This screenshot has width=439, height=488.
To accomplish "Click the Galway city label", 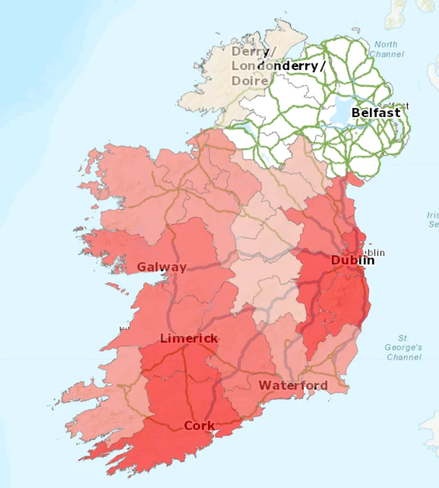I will coord(162,267).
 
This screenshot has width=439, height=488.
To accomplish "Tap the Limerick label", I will coord(189,338).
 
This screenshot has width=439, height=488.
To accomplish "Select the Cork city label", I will coord(199,426).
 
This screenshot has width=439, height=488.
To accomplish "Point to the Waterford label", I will coord(293,385).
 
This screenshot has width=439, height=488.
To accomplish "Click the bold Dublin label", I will coord(352,260).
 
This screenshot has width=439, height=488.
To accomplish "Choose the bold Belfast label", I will coord(376,113).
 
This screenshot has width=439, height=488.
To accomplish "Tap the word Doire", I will coord(250,81).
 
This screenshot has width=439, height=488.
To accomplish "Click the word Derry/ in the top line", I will coord(251,51).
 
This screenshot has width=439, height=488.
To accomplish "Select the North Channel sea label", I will coord(386,49).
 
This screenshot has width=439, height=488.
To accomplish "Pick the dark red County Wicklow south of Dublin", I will coord(343,299).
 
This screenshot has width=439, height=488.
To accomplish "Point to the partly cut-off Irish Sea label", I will coord(432,219).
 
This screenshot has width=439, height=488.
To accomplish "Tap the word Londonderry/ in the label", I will coord(278,66).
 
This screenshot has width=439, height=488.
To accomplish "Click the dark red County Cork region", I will coord(181,399).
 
